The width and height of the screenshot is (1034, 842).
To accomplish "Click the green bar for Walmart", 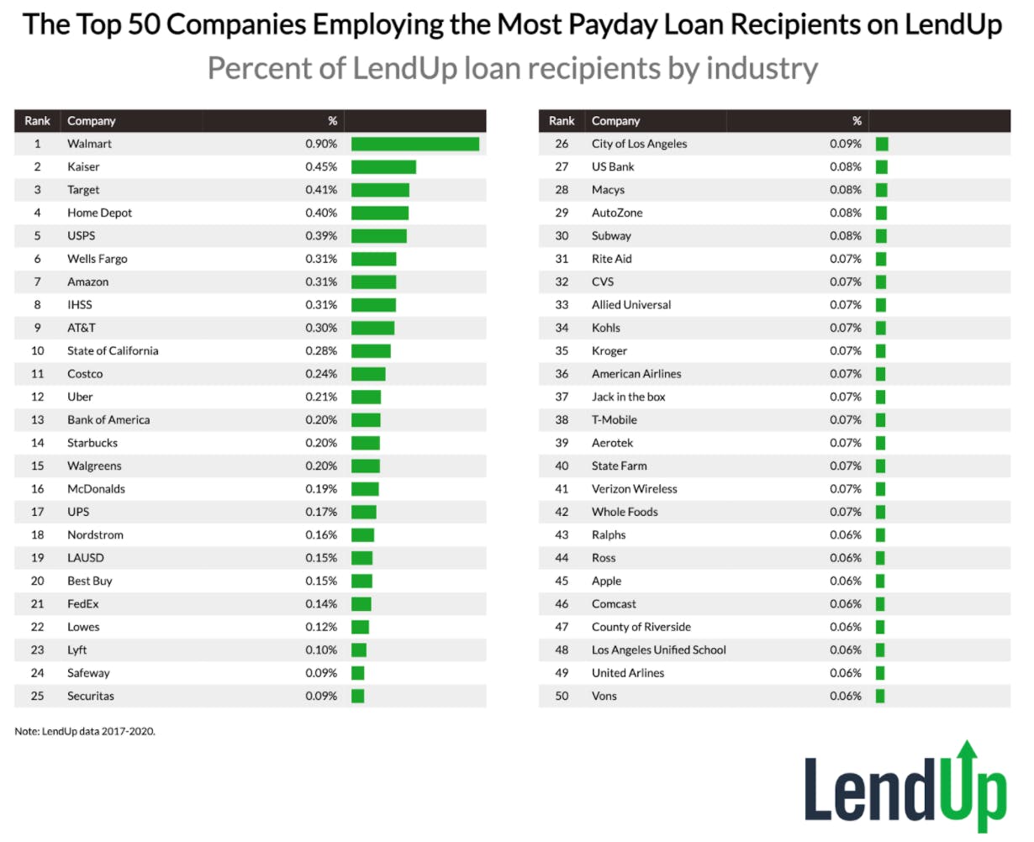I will (414, 144).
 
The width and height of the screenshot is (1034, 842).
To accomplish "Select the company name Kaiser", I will (83, 166).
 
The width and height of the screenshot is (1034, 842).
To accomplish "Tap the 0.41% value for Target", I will (321, 190).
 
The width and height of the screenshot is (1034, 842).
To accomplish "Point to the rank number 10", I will (37, 350).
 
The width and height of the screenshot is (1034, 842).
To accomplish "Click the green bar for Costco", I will (368, 374).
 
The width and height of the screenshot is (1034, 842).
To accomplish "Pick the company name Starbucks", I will (92, 443).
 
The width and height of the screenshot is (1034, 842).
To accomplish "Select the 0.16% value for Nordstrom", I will (321, 534).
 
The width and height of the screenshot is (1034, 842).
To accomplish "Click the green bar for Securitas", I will (357, 696).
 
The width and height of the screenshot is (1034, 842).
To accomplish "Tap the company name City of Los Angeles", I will (639, 144).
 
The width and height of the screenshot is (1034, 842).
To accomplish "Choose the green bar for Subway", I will (881, 236).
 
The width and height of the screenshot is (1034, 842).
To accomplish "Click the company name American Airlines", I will (636, 374).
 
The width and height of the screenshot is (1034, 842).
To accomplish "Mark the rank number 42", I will (562, 512).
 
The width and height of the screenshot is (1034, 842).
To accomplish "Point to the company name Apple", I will (606, 581).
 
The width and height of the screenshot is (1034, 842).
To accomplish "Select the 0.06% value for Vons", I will (845, 696).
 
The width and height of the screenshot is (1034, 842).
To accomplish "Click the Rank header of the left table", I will (37, 121).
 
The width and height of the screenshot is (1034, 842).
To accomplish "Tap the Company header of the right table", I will (615, 121).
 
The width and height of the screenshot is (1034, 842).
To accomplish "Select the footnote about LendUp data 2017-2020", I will (85, 731).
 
